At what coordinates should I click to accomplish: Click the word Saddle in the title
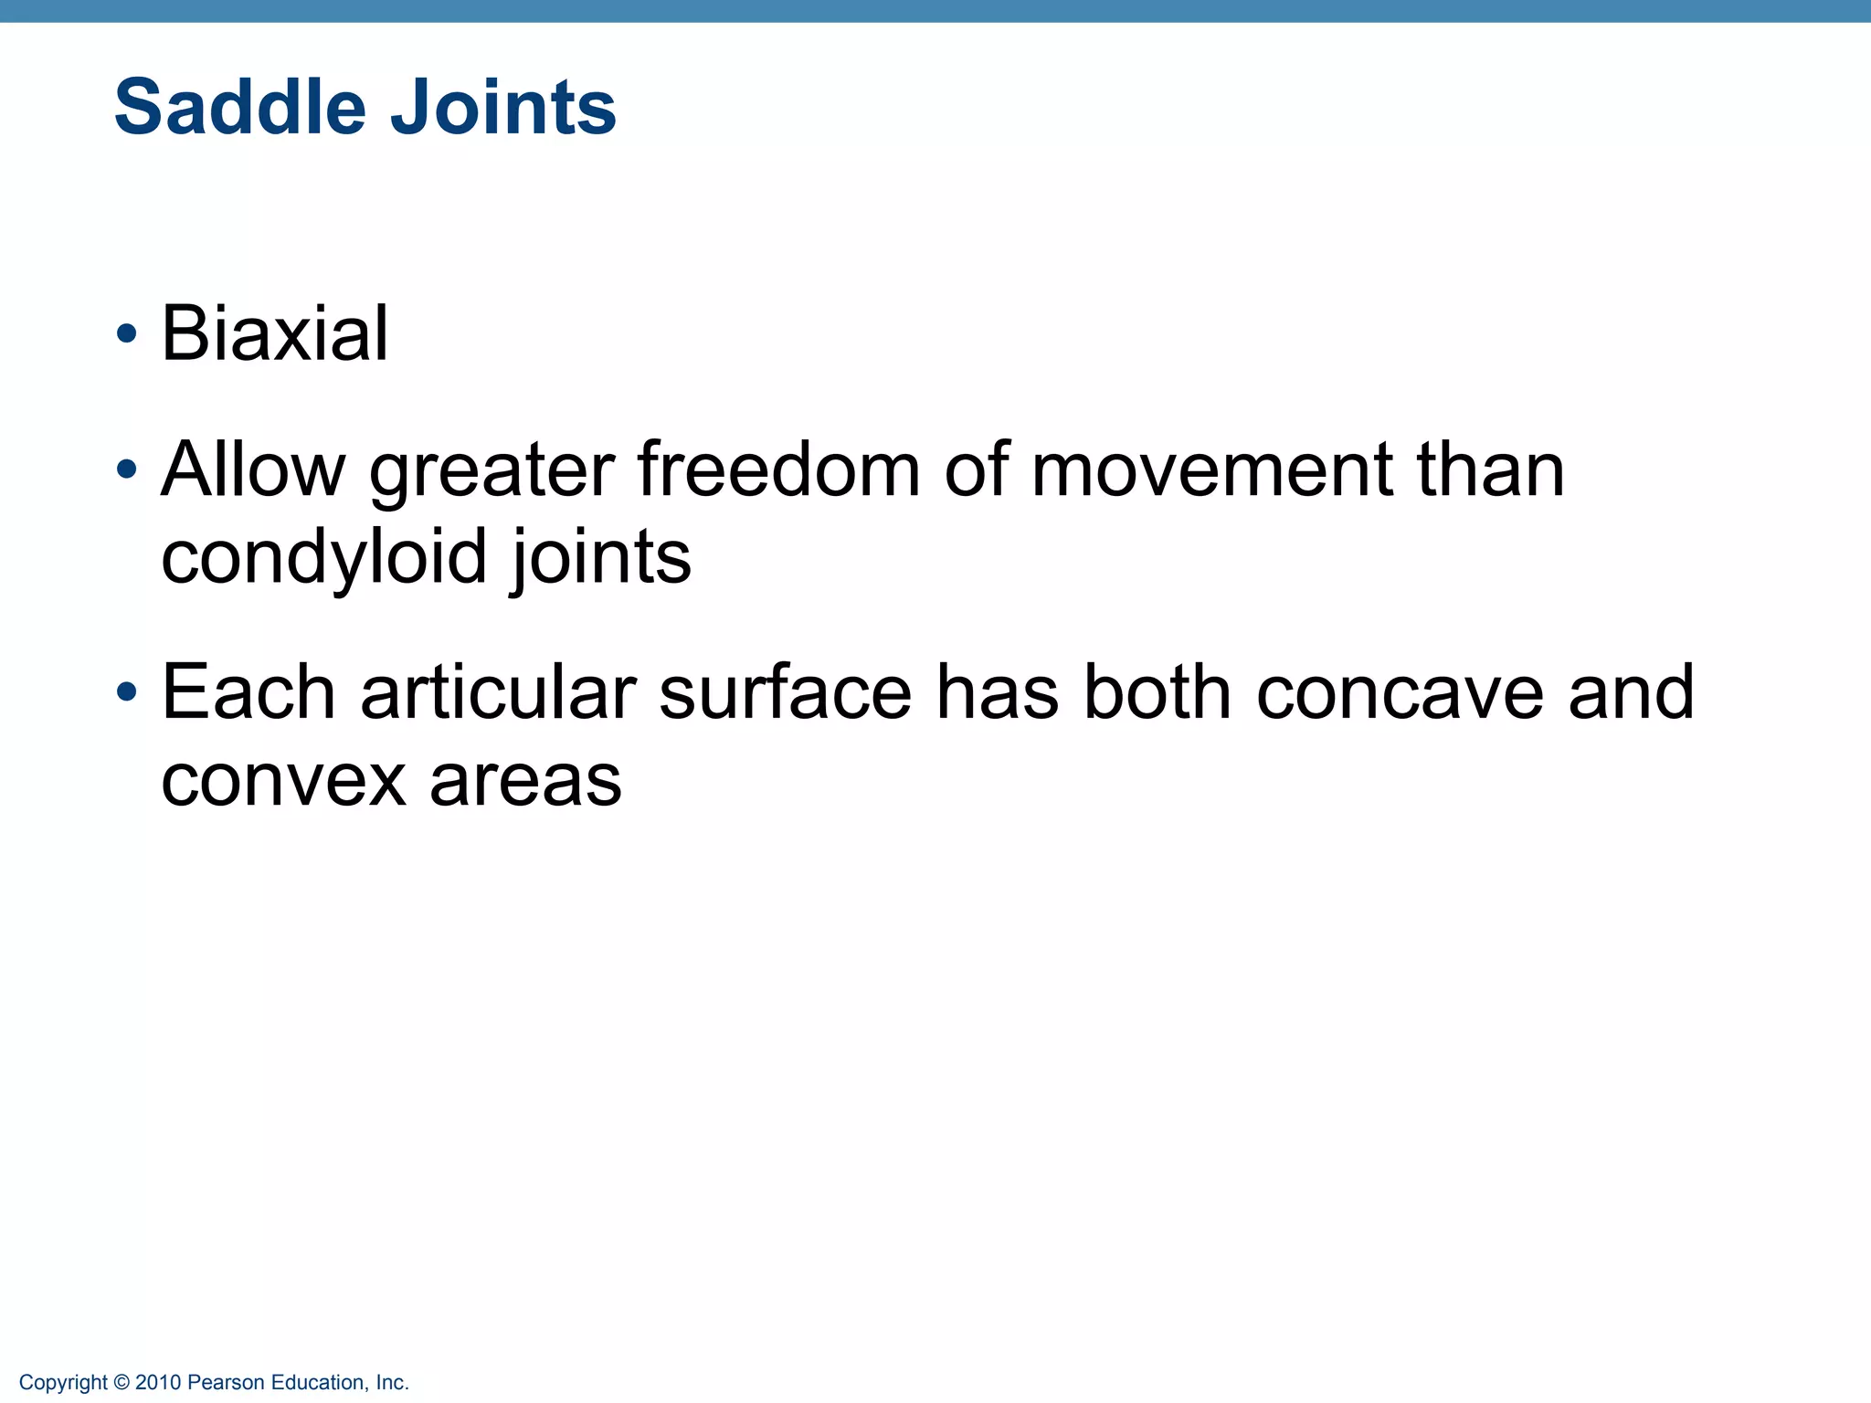coord(239,108)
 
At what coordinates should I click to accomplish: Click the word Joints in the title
coord(503,108)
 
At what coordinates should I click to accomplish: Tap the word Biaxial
coord(274,333)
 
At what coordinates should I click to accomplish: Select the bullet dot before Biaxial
coord(127,334)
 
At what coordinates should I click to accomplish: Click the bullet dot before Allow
coord(127,470)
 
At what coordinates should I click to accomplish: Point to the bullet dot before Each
coord(127,693)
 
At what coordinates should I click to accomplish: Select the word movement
coord(1211,469)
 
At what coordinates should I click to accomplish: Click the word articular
coord(498,692)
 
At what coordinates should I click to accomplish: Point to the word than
coord(1490,469)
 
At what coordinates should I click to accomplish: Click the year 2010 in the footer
coord(158,1383)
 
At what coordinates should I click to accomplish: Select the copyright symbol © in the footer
coord(122,1383)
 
